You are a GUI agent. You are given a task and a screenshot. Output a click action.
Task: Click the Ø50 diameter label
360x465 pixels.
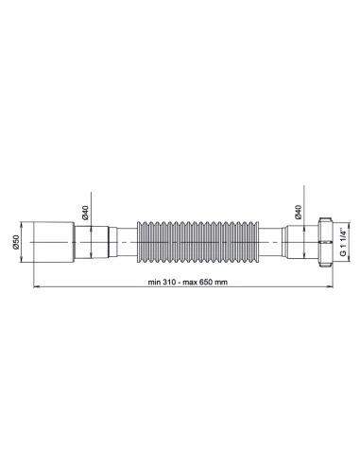19,242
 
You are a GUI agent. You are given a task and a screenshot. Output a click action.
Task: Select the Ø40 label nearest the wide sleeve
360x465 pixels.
86,214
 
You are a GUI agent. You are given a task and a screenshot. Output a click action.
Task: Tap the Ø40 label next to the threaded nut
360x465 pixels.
299,214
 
